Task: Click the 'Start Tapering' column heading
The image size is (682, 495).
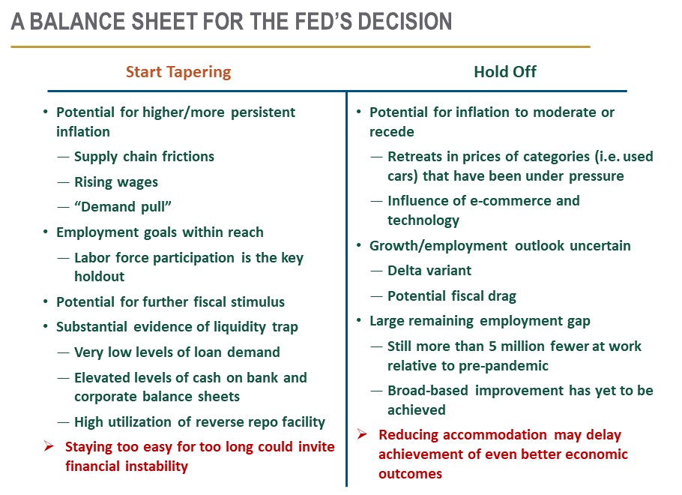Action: [x=178, y=72]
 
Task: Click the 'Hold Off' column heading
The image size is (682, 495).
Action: [x=505, y=71]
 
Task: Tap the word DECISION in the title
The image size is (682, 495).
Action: [x=405, y=22]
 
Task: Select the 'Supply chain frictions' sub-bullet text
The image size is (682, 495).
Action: [x=145, y=156]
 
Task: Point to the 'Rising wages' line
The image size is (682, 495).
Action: [x=116, y=182]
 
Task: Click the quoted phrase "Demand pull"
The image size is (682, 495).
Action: [x=123, y=207]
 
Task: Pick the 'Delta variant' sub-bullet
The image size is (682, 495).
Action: [x=429, y=270]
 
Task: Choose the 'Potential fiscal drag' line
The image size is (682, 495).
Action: [x=452, y=296]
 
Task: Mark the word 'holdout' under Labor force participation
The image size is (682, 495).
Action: [x=99, y=277]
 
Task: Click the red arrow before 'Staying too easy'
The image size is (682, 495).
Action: [x=49, y=446]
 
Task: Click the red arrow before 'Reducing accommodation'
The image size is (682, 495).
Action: [x=362, y=434]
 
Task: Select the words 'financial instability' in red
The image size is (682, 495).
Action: [x=127, y=466]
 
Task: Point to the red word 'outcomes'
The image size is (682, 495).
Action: [x=410, y=474]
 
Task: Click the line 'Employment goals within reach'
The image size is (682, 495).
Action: [x=160, y=232]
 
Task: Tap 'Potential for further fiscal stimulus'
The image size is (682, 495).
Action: [x=171, y=301]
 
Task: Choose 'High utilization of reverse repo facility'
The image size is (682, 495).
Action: [x=199, y=421]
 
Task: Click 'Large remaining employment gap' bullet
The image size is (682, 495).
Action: [x=480, y=321]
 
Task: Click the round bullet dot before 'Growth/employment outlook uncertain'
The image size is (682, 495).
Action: [x=359, y=245]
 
